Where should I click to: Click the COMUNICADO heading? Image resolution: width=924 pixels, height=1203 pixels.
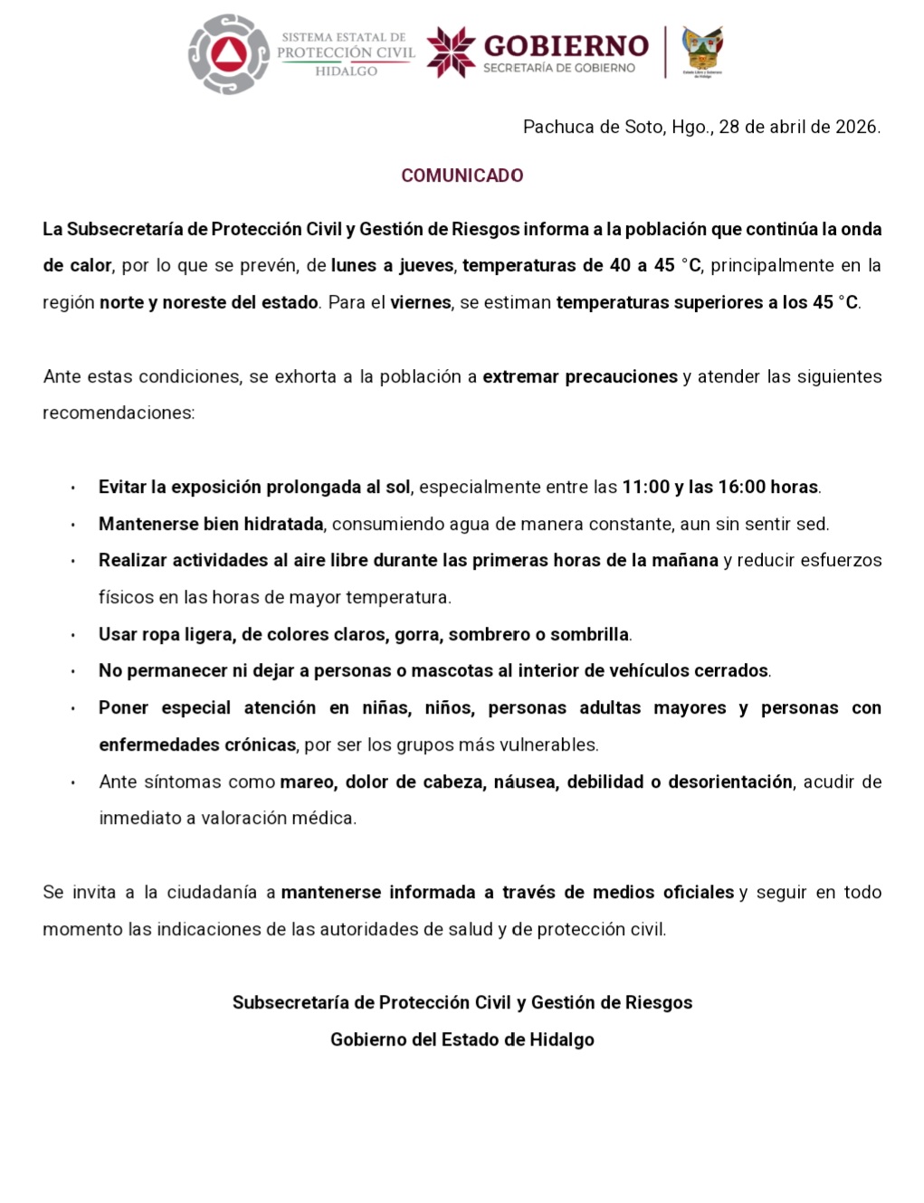coord(462,175)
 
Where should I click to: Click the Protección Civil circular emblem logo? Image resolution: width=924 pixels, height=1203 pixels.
coord(229,54)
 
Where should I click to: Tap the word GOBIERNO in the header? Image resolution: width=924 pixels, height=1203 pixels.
coord(566,46)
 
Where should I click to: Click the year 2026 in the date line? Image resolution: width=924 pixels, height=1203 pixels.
coord(856,127)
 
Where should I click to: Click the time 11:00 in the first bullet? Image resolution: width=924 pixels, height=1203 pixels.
coord(645,488)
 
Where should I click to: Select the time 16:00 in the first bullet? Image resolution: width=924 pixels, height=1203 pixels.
coord(742,488)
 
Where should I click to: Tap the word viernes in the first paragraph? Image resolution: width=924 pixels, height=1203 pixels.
coord(421,303)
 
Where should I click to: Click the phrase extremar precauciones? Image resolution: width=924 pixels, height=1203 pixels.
coord(580,377)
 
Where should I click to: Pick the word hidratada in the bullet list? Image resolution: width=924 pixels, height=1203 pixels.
coord(283,525)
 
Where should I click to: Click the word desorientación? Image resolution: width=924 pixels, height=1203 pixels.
coord(729,782)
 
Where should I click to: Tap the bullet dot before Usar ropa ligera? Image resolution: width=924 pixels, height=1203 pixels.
coord(72,636)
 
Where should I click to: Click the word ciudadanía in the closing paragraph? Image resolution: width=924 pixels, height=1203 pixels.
coord(212,893)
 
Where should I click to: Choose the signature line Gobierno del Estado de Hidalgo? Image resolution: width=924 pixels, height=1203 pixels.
coord(462,1040)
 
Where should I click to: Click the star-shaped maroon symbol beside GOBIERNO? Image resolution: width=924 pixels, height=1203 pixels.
coord(451,52)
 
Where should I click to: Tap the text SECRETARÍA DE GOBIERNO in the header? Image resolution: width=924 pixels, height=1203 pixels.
coord(559,69)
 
